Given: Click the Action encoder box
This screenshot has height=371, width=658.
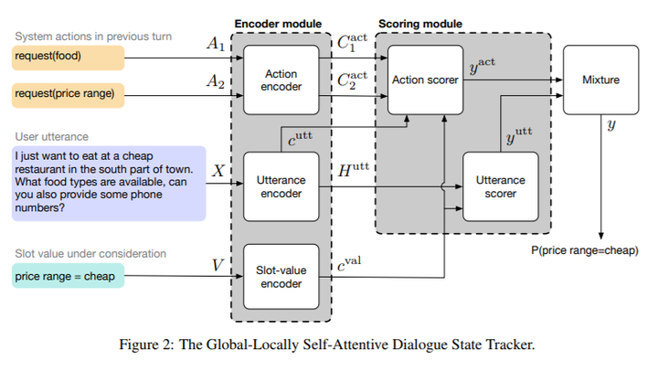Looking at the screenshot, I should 281,79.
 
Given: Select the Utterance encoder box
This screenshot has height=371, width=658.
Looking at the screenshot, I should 281,186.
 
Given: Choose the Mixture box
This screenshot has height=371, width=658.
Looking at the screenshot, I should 600,80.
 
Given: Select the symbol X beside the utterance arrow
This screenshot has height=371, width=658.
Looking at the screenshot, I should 218,169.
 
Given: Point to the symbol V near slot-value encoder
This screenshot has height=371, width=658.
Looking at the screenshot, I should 218,265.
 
